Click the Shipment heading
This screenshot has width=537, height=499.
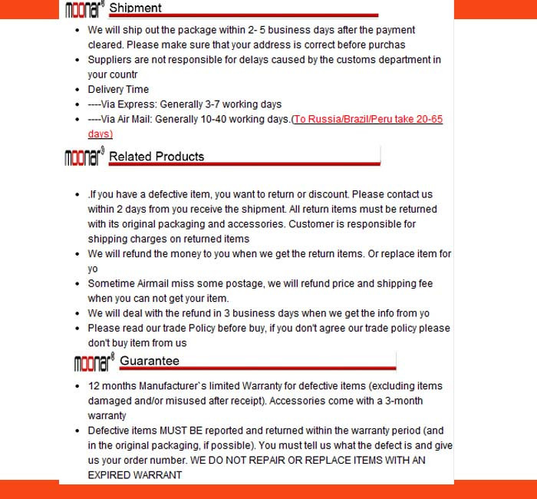click(x=135, y=8)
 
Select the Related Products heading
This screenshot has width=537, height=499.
click(x=156, y=157)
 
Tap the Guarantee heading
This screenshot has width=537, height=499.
click(x=150, y=361)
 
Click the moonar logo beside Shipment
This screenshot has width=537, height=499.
click(x=84, y=9)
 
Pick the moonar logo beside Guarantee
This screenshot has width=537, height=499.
click(x=94, y=362)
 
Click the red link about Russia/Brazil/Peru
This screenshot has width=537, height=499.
click(x=367, y=120)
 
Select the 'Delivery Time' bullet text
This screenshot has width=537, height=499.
click(x=118, y=90)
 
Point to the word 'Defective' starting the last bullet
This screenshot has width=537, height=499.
click(x=109, y=431)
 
